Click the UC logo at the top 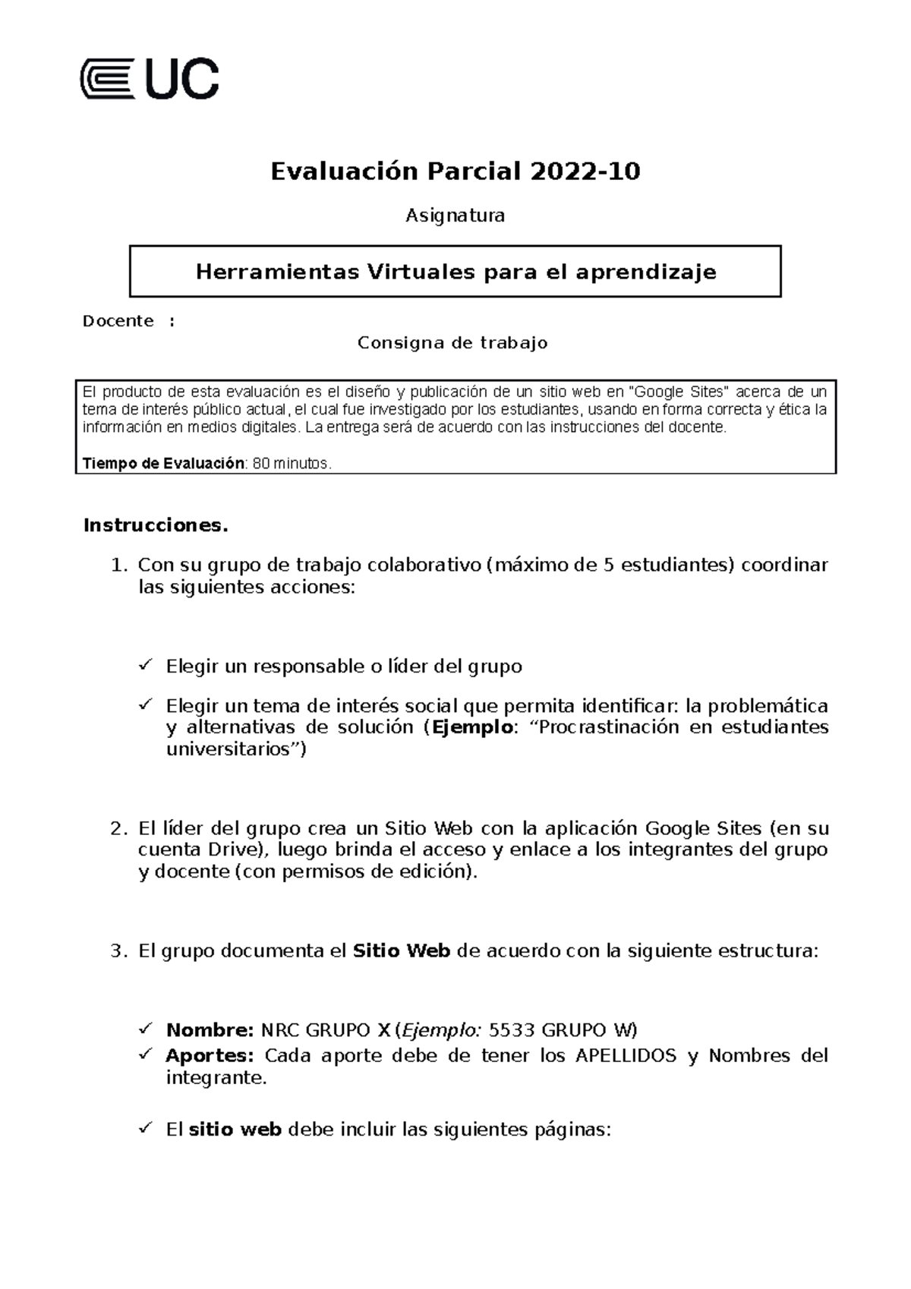[x=150, y=78]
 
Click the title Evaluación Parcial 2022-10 [x=455, y=172]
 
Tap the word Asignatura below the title [x=455, y=216]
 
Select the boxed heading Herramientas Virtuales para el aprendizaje [x=455, y=272]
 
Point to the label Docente [x=118, y=321]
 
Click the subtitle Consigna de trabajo [x=452, y=343]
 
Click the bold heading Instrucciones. [x=156, y=525]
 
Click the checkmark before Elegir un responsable [x=146, y=666]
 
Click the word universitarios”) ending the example [x=236, y=750]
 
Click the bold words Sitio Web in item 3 [x=402, y=951]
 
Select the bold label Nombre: [x=210, y=1030]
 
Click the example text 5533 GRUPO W [x=563, y=1030]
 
